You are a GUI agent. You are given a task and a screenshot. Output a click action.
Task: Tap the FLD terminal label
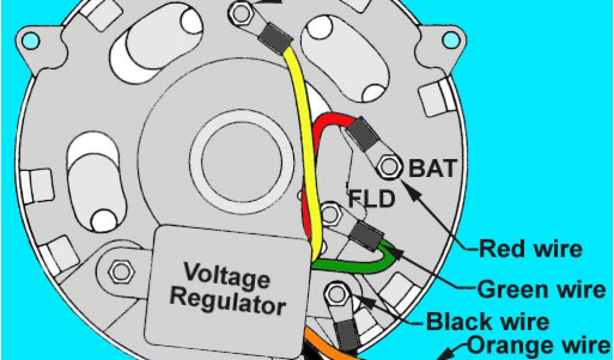372,197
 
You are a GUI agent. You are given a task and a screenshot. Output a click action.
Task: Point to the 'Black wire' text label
487,322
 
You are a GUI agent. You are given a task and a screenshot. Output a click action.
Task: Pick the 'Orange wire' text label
536,346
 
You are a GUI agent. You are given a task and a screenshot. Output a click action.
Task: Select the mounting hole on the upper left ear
29,41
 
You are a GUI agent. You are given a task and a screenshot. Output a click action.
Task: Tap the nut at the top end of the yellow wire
242,12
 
